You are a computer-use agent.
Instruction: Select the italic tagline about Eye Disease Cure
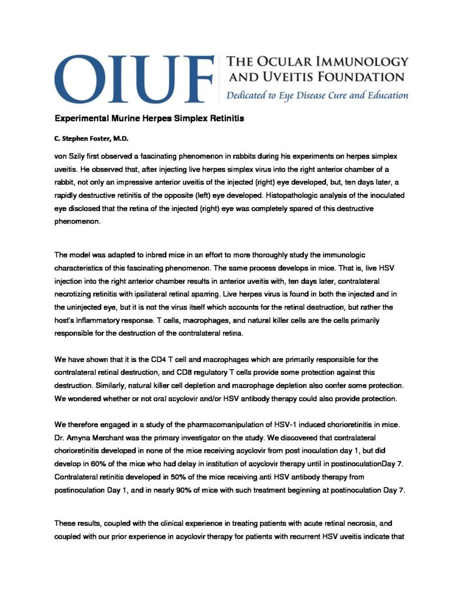click(x=314, y=95)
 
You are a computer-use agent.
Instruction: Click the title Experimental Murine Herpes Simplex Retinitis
click(x=149, y=118)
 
